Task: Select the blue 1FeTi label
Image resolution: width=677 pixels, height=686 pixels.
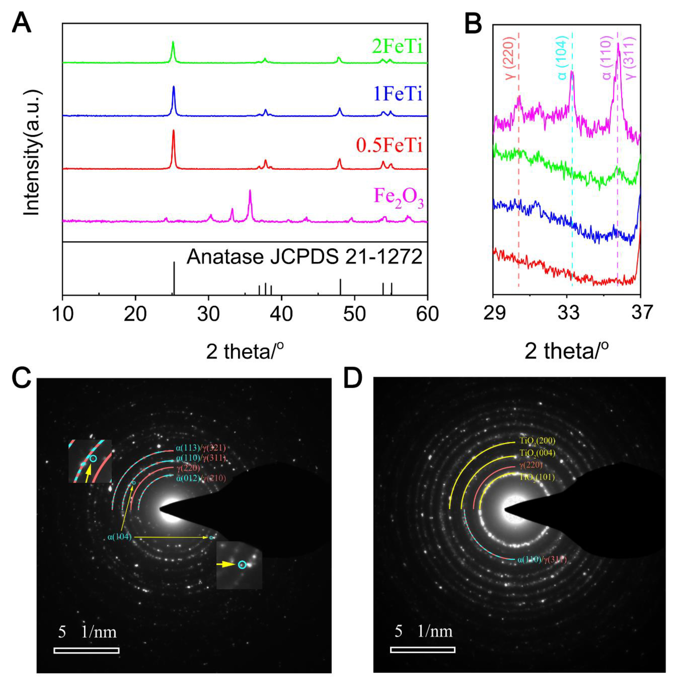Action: tap(398, 94)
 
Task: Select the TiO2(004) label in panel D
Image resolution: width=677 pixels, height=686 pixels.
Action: tap(537, 454)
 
